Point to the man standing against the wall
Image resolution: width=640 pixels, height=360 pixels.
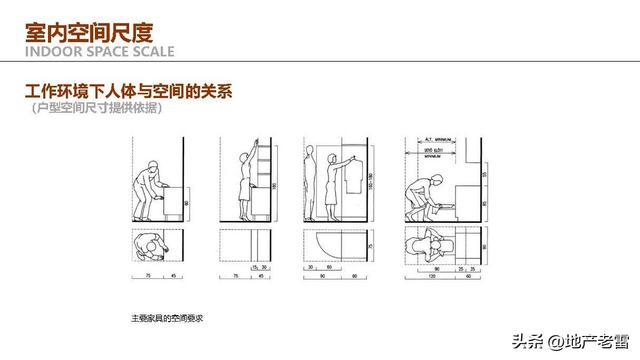click(x=312, y=185)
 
